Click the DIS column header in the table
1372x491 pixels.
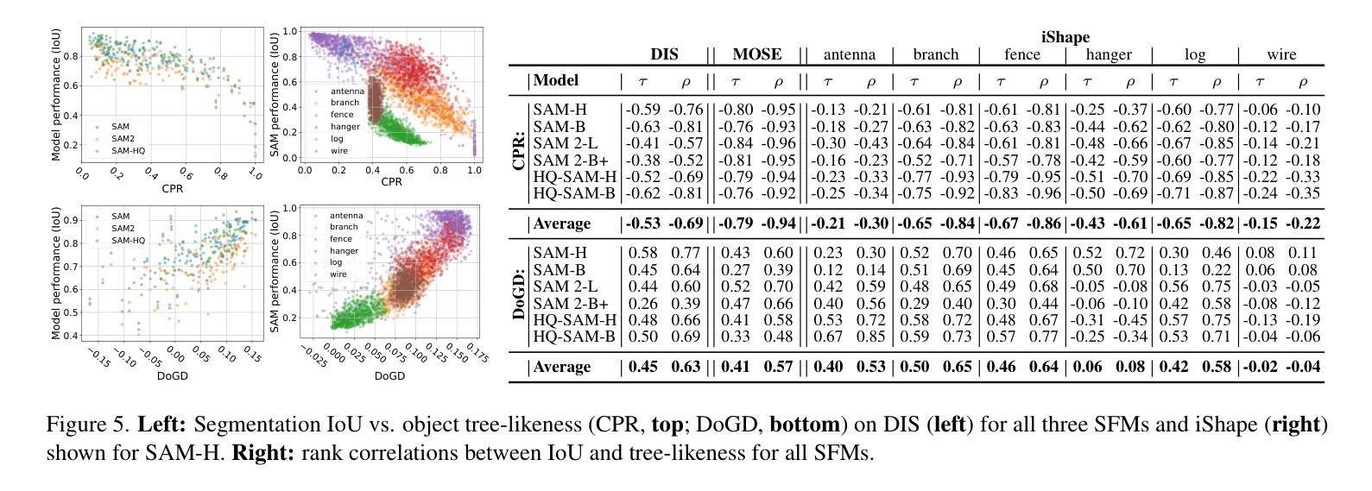664,54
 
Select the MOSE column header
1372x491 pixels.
756,54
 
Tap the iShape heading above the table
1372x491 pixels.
1065,37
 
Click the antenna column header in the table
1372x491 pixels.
849,55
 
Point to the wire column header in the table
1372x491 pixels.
1281,55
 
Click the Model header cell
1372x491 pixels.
556,81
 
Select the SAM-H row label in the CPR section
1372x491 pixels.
560,110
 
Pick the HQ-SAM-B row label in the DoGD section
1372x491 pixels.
574,336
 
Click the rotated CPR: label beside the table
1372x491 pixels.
520,151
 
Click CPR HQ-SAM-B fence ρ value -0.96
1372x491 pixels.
1043,193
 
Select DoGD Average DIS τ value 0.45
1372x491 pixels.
642,367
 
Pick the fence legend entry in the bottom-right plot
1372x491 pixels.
340,239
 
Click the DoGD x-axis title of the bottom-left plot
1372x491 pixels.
173,376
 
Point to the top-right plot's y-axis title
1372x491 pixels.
275,95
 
